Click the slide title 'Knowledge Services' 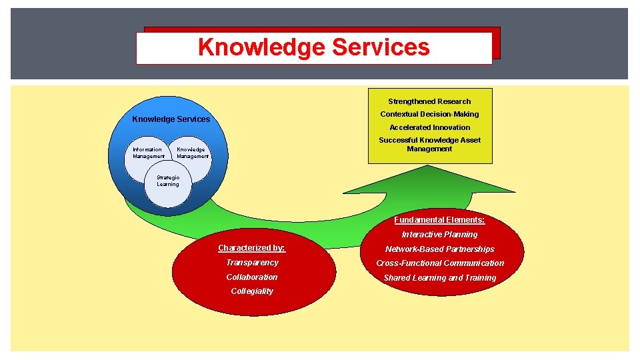click(313, 47)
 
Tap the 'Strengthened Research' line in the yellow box click(429, 101)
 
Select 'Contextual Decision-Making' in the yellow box click(429, 114)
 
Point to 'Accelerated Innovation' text click(429, 127)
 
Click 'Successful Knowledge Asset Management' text click(429, 144)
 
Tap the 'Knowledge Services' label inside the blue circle click(171, 119)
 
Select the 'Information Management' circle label click(148, 153)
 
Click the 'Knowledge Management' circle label click(192, 153)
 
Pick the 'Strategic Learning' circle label click(168, 181)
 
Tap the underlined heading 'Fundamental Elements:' click(439, 220)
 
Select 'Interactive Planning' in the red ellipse click(439, 235)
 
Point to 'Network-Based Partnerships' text click(439, 249)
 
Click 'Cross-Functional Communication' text click(439, 263)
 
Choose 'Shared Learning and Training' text click(439, 278)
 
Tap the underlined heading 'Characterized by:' click(251, 248)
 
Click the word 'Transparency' click(252, 263)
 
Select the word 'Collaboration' click(252, 277)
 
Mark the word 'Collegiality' click(252, 291)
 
